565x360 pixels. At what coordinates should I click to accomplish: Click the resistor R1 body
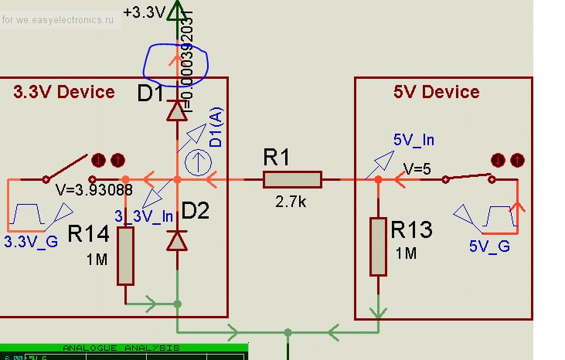coord(291,179)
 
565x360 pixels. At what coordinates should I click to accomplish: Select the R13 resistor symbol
coord(378,246)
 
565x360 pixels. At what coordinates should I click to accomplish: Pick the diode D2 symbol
coord(178,241)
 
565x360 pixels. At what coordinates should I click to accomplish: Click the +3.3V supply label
coord(145,12)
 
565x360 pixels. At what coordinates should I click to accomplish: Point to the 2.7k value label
coord(291,203)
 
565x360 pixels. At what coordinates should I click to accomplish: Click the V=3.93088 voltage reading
coord(94,189)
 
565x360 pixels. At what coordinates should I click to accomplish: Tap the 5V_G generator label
coord(488,246)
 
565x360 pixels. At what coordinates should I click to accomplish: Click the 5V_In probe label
coord(414,140)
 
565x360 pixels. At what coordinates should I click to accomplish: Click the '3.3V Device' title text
coord(64,92)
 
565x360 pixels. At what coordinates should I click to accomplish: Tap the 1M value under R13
coord(406,253)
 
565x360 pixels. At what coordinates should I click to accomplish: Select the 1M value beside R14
coord(97,260)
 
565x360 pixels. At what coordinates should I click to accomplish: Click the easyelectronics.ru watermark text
coord(62,19)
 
